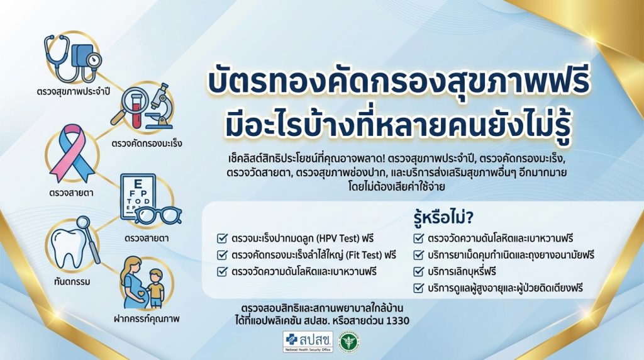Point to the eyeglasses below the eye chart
[x=158, y=216]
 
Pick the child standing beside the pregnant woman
[x=155, y=288]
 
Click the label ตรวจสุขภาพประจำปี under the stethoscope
[x=73, y=91]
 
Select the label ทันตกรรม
[x=72, y=282]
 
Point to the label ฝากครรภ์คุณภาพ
[x=147, y=319]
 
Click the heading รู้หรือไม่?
[x=443, y=218]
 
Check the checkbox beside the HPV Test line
[x=222, y=239]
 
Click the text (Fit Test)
[x=364, y=255]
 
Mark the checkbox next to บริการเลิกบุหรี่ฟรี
[x=418, y=272]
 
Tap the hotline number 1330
[x=397, y=320]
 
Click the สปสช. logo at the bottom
[x=308, y=342]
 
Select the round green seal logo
[x=349, y=342]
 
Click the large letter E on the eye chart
[x=138, y=183]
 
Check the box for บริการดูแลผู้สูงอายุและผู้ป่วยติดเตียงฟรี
[x=418, y=288]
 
